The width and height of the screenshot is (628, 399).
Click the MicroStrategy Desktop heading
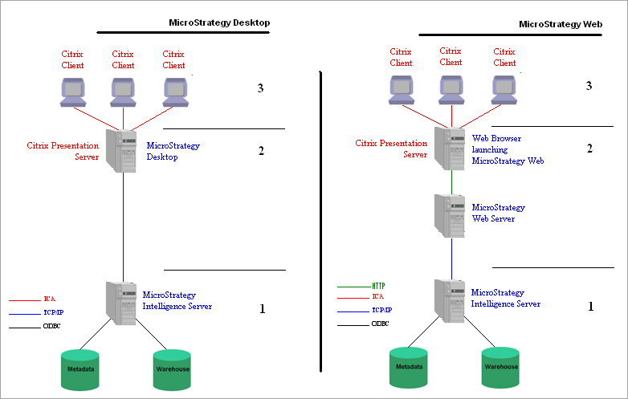(219, 22)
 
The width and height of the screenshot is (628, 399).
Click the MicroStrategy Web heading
(561, 24)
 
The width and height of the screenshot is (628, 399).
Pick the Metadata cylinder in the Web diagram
(408, 366)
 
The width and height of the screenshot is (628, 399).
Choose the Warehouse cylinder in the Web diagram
(501, 366)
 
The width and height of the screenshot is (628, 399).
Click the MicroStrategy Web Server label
(498, 213)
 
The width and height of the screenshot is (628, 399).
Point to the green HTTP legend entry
(379, 286)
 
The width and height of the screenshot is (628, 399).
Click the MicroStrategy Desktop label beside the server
(173, 151)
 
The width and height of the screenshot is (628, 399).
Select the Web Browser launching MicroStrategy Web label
(508, 149)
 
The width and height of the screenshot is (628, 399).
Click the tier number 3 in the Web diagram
(589, 85)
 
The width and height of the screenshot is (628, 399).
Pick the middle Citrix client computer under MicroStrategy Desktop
(123, 92)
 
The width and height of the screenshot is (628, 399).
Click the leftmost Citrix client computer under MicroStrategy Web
(400, 90)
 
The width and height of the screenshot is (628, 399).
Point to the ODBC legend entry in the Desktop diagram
(51, 325)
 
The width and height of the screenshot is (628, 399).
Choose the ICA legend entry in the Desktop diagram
(49, 299)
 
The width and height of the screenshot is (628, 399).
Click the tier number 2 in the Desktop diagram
(260, 150)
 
